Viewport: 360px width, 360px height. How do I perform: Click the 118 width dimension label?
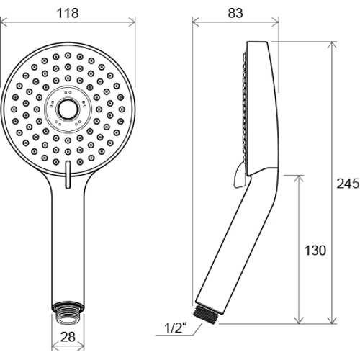click(68, 13)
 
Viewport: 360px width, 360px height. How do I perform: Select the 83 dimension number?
click(235, 13)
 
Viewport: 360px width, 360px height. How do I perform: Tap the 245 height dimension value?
click(348, 184)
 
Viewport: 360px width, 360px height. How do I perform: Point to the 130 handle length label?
click(315, 251)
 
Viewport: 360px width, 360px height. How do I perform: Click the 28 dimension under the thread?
click(68, 337)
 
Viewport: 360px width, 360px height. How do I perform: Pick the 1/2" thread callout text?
click(176, 328)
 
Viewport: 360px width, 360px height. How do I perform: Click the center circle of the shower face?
click(68, 109)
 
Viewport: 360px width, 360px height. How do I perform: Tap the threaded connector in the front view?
click(68, 313)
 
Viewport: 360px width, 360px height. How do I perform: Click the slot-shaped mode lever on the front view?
click(68, 175)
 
